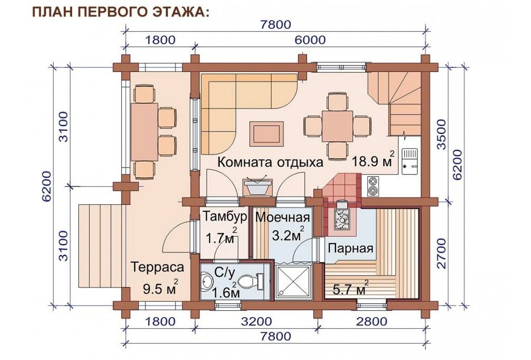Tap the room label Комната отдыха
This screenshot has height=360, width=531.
270,162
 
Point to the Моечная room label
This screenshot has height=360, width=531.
283,217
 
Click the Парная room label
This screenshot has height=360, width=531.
350,249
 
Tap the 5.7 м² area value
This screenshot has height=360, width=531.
348,288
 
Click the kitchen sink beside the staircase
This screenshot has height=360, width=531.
410,162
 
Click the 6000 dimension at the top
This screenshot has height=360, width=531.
310,40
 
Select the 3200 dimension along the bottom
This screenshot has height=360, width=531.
256,321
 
